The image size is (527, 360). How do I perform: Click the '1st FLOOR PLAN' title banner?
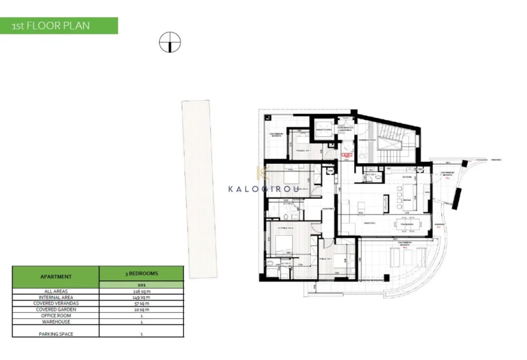coord(58,26)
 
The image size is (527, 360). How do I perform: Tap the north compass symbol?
coord(169,43)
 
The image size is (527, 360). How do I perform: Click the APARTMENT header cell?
coord(56,276)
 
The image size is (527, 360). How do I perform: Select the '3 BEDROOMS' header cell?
coord(141,273)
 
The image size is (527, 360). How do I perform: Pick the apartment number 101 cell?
coord(141,284)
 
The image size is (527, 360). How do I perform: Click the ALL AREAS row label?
coord(56,291)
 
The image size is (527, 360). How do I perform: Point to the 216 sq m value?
coord(141,291)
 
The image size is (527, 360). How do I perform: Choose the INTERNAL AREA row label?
coord(56,297)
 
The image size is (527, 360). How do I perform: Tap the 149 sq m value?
coord(141,297)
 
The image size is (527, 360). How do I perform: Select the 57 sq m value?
coord(141,303)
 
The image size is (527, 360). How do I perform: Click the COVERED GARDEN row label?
coord(56,309)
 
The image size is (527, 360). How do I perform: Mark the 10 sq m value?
coord(141,309)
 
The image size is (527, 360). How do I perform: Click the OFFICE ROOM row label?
coord(56,315)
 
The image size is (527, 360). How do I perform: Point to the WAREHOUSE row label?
coord(56,322)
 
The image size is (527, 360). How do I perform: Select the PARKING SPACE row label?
coord(56,333)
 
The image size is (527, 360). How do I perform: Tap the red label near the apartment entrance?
coord(347,155)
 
